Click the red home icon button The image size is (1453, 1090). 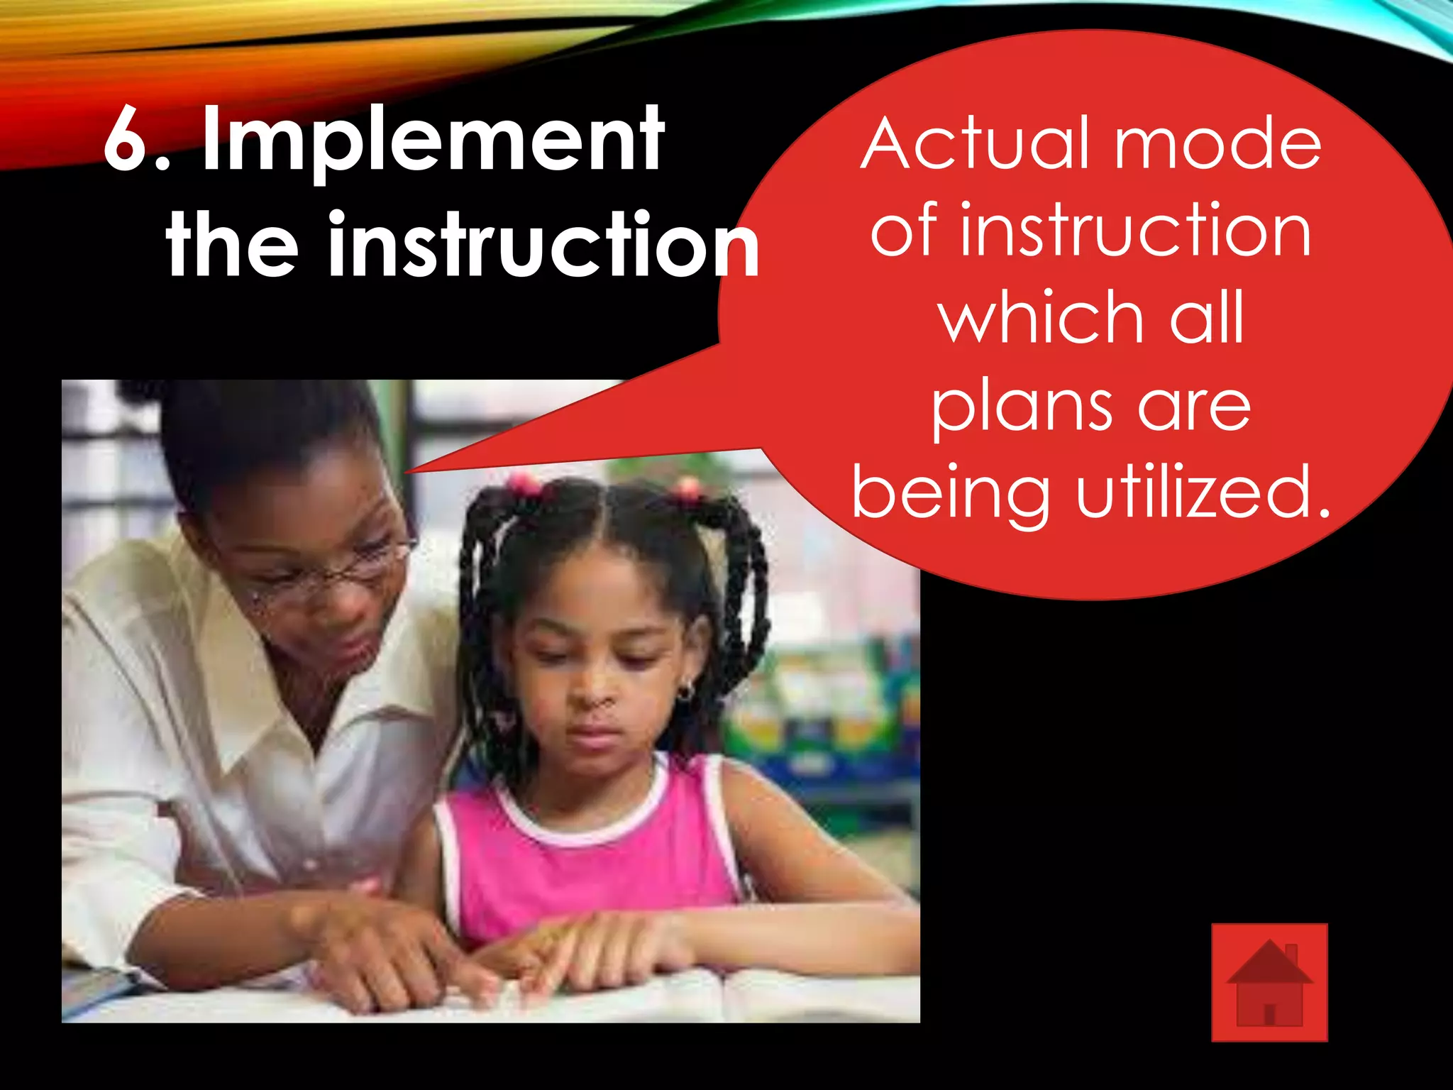tap(1269, 983)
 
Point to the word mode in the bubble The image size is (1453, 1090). tap(1217, 145)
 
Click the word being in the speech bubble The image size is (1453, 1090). tap(951, 495)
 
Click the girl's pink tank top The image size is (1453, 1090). tap(589, 873)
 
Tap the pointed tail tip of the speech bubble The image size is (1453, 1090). tap(409, 470)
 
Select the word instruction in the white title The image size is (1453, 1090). tap(543, 245)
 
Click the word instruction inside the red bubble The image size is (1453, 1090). tap(1135, 231)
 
